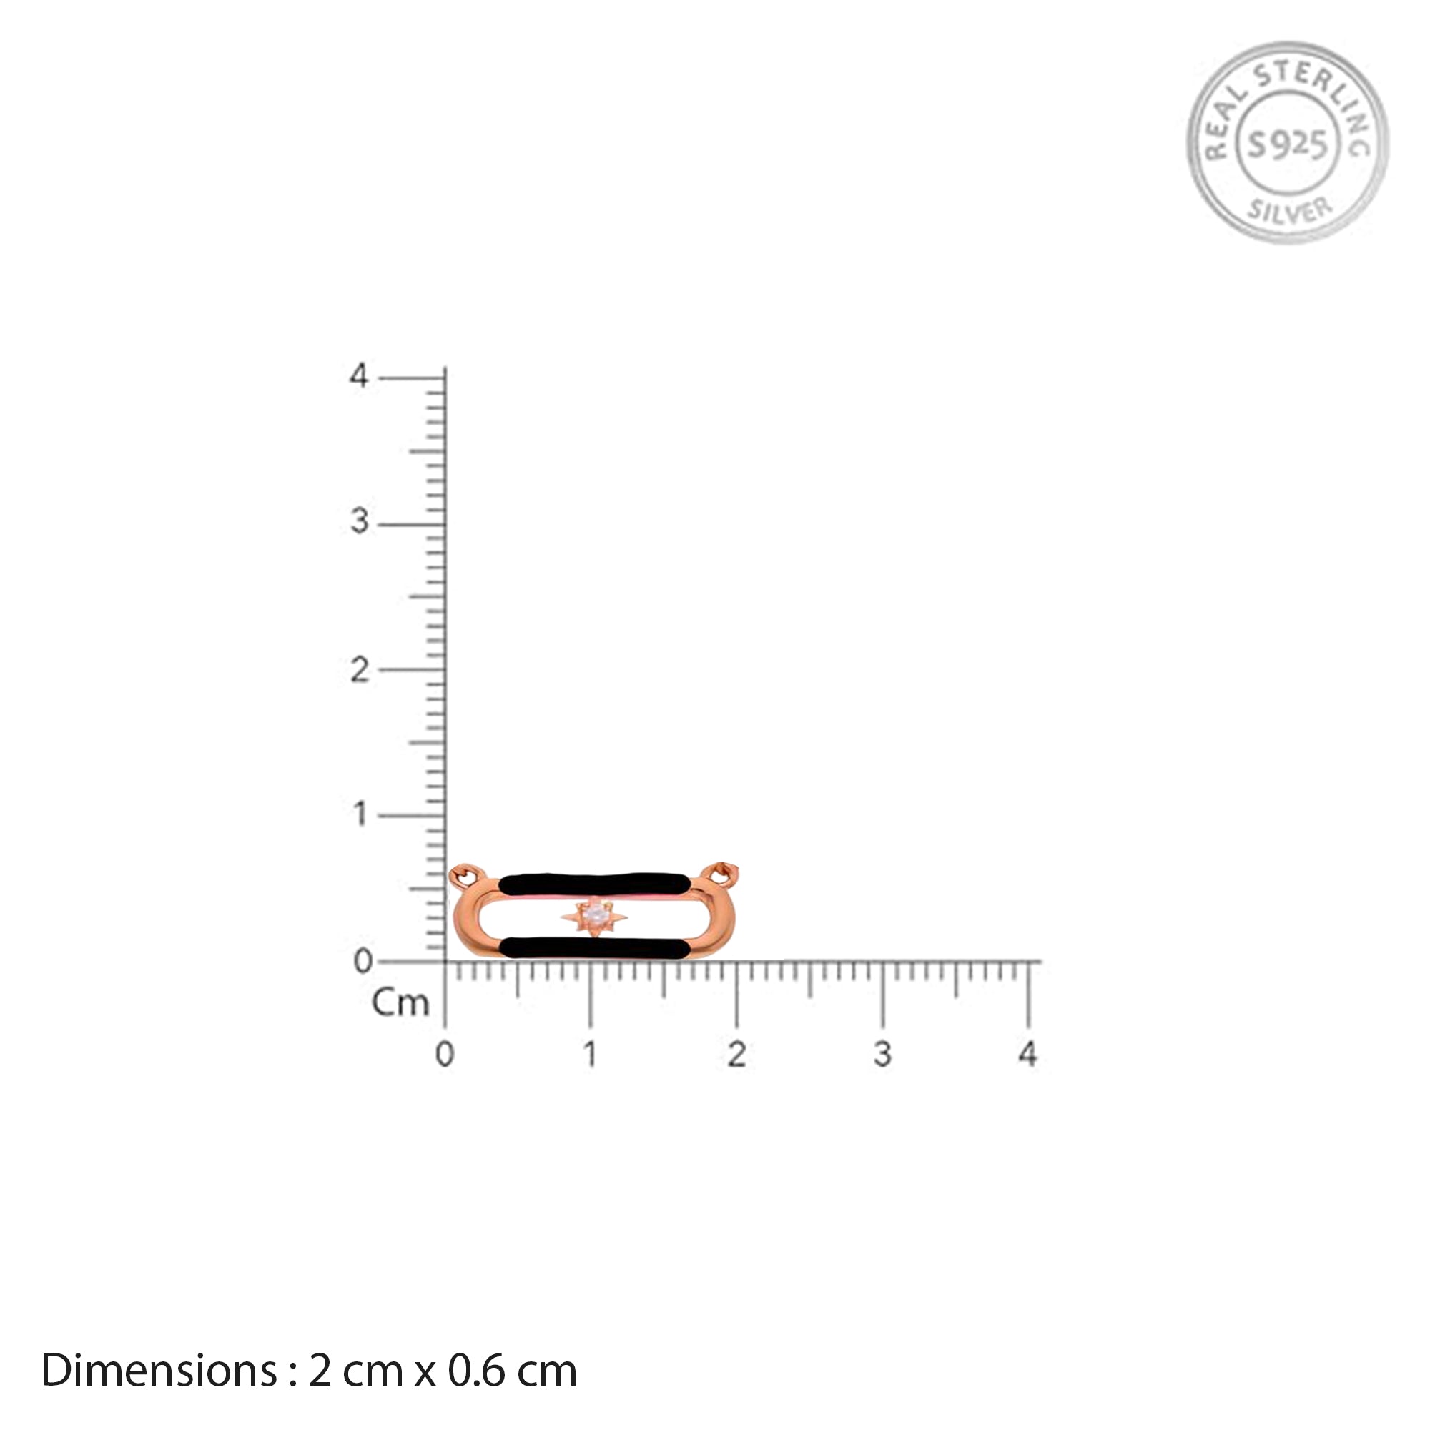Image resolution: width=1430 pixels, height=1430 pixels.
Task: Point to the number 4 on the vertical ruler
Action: point(359,376)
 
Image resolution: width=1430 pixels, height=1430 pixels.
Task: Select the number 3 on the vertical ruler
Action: point(359,522)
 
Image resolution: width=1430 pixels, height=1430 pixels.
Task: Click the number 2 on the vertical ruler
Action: point(359,670)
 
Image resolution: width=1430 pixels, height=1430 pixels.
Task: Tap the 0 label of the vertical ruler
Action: point(363,962)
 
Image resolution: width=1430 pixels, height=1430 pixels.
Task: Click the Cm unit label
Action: point(400,1003)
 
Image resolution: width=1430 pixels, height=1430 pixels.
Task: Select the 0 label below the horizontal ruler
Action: point(444,1054)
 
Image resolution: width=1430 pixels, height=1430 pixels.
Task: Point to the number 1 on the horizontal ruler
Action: point(590,1054)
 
